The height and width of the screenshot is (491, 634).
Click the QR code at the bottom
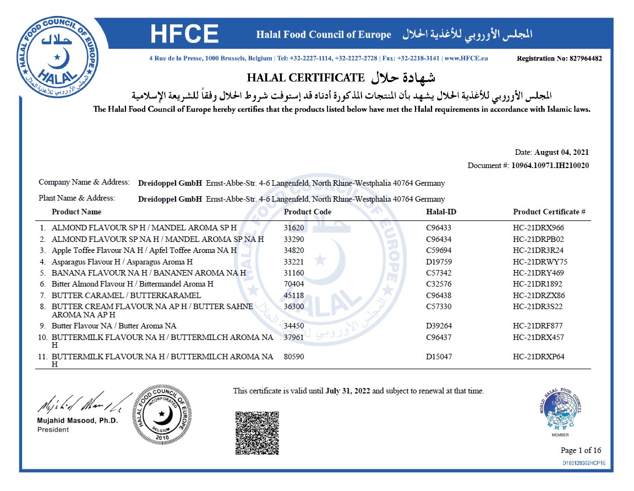click(x=257, y=433)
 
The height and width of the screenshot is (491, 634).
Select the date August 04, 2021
click(x=562, y=153)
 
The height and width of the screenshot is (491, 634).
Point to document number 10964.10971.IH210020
click(x=550, y=165)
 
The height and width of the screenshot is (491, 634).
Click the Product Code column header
click(x=308, y=212)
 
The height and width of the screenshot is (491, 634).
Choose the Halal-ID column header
click(x=441, y=212)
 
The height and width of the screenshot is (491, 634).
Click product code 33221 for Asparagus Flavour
click(x=293, y=262)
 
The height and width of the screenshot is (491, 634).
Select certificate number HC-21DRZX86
click(x=539, y=295)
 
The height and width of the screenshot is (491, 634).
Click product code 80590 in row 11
click(x=293, y=357)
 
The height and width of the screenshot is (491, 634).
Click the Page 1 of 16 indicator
click(x=581, y=450)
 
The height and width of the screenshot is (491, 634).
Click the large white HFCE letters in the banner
click(x=184, y=35)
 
